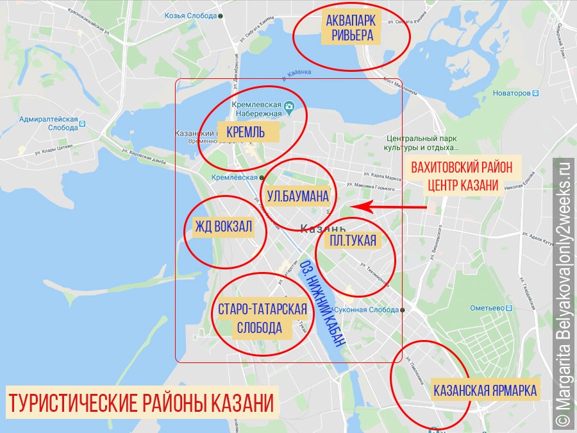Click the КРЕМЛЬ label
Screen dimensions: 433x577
pyautogui.click(x=246, y=132)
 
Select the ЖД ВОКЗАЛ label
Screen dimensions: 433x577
pyautogui.click(x=224, y=228)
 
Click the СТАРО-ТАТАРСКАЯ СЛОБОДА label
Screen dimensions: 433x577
pyautogui.click(x=262, y=319)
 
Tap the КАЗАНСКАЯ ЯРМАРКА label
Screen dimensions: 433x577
pyautogui.click(x=485, y=390)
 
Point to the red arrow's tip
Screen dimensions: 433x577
pyautogui.click(x=352, y=207)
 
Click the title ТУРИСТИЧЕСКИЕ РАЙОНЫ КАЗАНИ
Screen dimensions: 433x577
pyautogui.click(x=141, y=403)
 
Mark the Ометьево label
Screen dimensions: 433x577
pyautogui.click(x=493, y=307)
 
